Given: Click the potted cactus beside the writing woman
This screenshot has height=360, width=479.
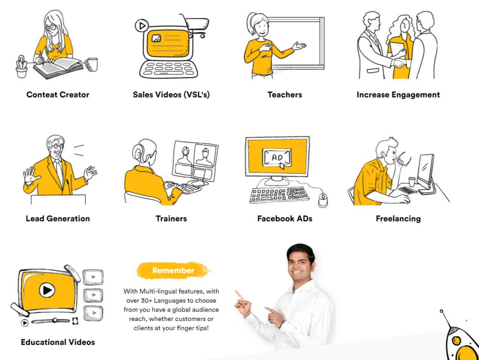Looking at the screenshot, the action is pyautogui.click(x=22, y=66).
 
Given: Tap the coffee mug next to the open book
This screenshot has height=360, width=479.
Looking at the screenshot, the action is pyautogui.click(x=92, y=64).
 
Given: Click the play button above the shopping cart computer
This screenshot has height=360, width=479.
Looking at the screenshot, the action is pyautogui.click(x=142, y=26).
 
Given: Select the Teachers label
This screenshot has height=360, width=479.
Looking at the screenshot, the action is pyautogui.click(x=285, y=95).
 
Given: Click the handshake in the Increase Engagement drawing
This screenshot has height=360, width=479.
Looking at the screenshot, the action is pyautogui.click(x=399, y=63).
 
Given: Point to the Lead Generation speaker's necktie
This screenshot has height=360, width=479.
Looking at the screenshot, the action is pyautogui.click(x=59, y=170).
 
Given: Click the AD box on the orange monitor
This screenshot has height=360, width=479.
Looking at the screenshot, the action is pyautogui.click(x=277, y=157).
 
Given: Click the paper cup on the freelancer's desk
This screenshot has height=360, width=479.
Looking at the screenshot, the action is pyautogui.click(x=411, y=182).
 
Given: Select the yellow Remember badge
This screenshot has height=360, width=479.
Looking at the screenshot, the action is pyautogui.click(x=173, y=271).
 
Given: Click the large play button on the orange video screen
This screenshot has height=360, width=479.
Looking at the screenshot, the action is pyautogui.click(x=47, y=290).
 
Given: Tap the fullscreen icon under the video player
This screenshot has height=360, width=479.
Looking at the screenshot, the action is pyautogui.click(x=75, y=321).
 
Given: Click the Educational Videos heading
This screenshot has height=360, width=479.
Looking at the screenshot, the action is pyautogui.click(x=58, y=342).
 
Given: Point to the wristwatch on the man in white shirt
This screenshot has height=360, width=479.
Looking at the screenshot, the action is pyautogui.click(x=282, y=324).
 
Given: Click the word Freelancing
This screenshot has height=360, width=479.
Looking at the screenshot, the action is pyautogui.click(x=398, y=218).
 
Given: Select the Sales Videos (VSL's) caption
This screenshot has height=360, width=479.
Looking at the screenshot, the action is pyautogui.click(x=171, y=95).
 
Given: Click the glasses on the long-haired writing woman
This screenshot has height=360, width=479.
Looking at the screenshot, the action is pyautogui.click(x=51, y=28).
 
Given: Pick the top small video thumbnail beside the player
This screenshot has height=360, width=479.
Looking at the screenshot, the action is pyautogui.click(x=93, y=277).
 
